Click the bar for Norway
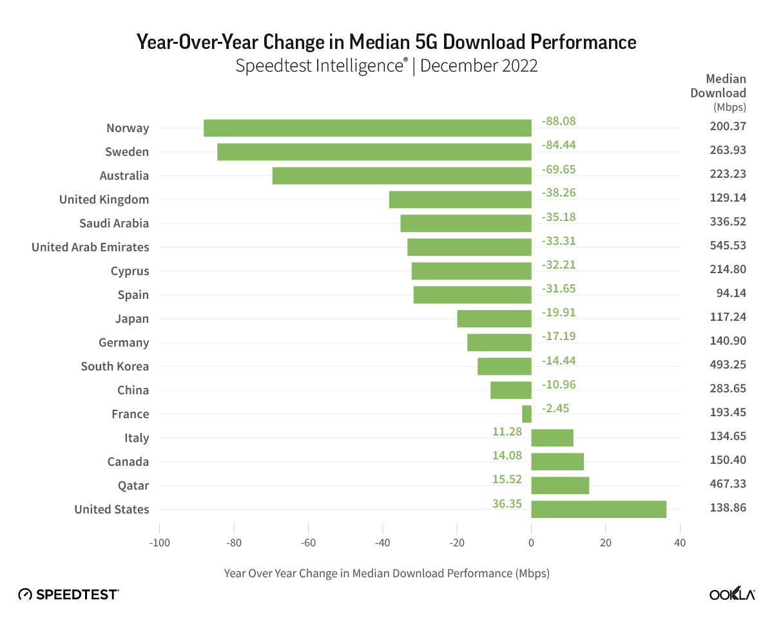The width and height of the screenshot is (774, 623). pos(367,128)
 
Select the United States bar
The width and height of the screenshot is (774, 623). pos(599,509)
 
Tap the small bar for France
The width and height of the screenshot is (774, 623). pos(527,414)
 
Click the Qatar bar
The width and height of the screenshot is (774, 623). pos(560,485)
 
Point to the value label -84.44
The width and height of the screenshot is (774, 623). pos(558,145)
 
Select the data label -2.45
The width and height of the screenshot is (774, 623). pos(555,408)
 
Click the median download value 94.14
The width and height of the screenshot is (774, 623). pos(728,295)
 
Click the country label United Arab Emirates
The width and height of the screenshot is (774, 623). pos(90,247)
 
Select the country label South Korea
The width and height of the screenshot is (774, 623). pos(115,367)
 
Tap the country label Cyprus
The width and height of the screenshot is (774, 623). pos(130,271)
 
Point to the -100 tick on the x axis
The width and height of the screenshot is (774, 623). pos(159,543)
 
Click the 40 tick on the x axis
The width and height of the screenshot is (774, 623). pos(679,543)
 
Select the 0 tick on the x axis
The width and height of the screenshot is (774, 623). pos(531,543)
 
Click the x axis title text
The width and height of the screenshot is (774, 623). pos(387,573)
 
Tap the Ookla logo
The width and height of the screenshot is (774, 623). pos(732,595)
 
